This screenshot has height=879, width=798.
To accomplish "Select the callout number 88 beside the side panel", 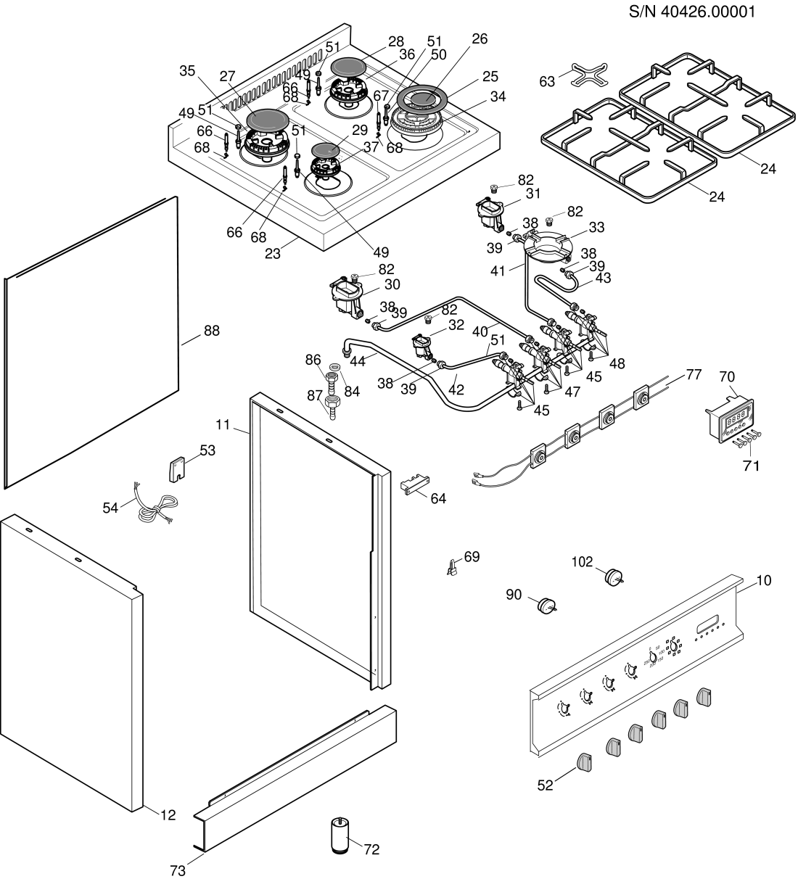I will pos(211,330).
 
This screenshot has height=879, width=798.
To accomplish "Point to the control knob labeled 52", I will pos(585,762).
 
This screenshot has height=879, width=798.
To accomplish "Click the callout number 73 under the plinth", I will pos(178,871).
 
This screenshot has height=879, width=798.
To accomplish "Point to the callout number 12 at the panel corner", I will pos(168,815).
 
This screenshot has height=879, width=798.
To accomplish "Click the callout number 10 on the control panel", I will pos(764,580).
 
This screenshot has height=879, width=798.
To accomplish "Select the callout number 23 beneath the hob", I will pos(272,254).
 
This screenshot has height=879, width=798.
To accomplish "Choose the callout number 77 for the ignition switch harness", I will pos(694,374).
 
